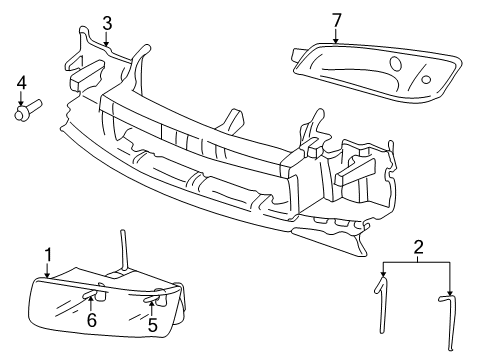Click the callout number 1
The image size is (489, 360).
click(47, 255)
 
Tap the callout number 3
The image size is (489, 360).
click(107, 23)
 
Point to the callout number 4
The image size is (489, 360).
click(21, 82)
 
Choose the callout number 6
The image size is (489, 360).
click(92, 321)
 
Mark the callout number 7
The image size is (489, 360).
click(336, 21)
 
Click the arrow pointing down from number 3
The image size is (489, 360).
click(107, 40)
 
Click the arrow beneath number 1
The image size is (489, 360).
click(47, 270)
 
